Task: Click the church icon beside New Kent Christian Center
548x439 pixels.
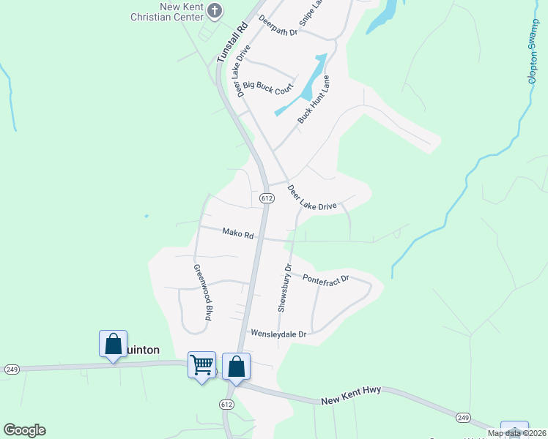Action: pos(215,10)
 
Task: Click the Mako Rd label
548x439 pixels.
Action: pos(238,235)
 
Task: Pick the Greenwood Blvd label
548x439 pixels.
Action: pos(202,293)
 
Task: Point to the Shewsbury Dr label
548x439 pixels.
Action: pos(284,288)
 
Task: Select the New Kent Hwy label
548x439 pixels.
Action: pos(351,401)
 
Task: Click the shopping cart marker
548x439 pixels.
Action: pos(201,364)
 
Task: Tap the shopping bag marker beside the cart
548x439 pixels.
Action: pos(236,365)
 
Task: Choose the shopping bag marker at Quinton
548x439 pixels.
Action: pos(114,343)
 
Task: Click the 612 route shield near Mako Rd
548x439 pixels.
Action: pos(266,198)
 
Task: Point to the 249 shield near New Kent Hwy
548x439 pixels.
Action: pos(462,417)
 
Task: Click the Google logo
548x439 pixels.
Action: pos(24,430)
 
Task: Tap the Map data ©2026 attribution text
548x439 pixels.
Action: pos(516,433)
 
